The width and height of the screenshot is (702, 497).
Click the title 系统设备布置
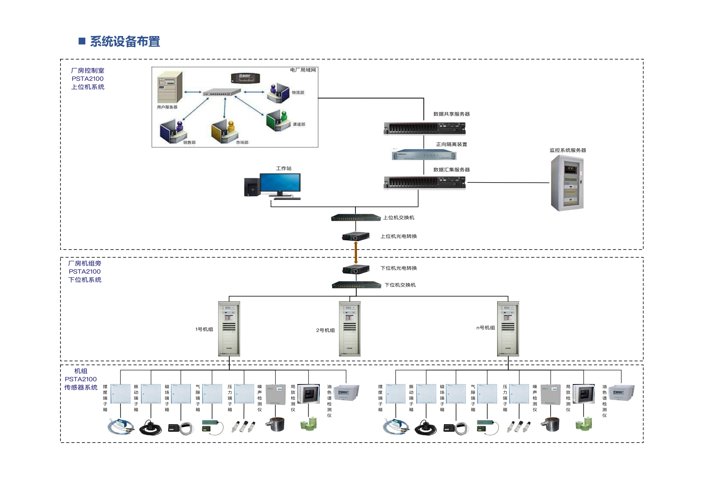coord(125,42)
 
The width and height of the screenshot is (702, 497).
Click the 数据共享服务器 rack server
coord(424,129)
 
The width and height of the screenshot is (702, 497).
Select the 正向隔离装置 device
coord(424,155)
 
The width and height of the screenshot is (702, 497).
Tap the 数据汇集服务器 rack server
coord(424,183)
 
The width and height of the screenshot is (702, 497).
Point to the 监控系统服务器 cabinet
coord(567,183)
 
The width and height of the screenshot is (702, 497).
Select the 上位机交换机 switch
coord(355,218)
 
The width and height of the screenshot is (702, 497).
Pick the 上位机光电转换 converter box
coord(355,237)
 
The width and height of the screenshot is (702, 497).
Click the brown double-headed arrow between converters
coord(356,253)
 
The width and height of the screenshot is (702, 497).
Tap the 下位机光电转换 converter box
coord(355,269)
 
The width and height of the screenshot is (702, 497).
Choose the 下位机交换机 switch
coord(356,285)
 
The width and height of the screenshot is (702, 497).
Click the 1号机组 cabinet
coord(229,329)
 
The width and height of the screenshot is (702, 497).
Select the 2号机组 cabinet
coord(349,329)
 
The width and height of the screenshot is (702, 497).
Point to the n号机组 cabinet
coord(508,329)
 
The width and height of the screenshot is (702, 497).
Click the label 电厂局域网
coord(303,70)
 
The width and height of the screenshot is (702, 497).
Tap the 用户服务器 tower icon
coord(170,87)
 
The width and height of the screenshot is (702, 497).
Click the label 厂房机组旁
coord(84,264)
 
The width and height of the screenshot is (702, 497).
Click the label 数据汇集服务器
coord(451,170)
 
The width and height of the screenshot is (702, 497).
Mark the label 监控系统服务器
coord(568,151)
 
